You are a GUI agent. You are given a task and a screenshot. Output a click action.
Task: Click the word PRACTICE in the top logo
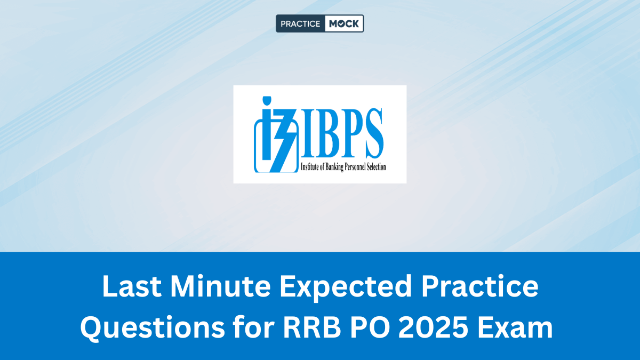point(300,23)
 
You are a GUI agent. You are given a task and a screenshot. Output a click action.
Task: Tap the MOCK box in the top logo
point(344,23)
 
